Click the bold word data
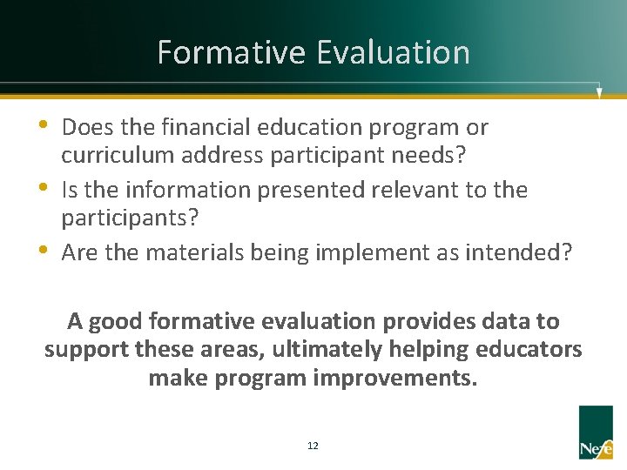click(x=506, y=321)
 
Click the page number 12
click(x=313, y=446)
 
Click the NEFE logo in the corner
click(x=596, y=432)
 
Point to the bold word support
click(x=87, y=351)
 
